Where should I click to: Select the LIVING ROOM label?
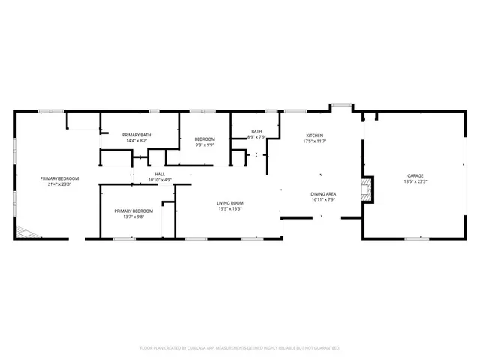click(x=230, y=202)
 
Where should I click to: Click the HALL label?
click(x=160, y=175)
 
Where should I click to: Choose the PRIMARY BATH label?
click(x=136, y=135)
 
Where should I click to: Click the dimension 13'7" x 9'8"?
click(x=128, y=217)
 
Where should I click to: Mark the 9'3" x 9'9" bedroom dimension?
click(x=205, y=145)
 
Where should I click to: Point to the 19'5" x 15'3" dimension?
click(x=230, y=208)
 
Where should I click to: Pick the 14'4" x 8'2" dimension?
click(x=136, y=141)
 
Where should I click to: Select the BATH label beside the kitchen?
click(x=256, y=131)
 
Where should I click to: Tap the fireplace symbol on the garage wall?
click(x=365, y=188)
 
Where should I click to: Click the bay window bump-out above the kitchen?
click(x=342, y=107)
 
